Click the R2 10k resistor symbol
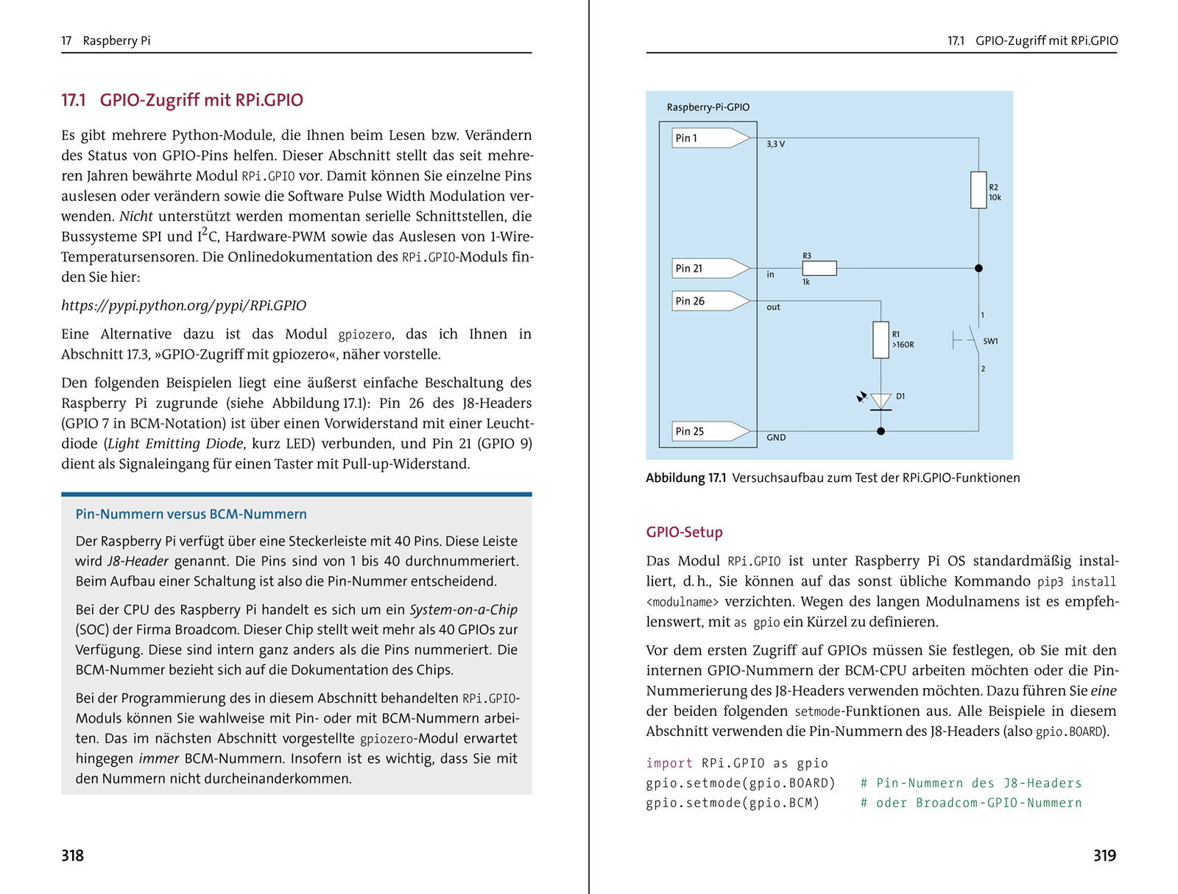pos(978,190)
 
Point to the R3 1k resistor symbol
pos(819,269)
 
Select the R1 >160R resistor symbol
pos(881,340)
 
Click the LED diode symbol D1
pos(881,402)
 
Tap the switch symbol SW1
pos(969,341)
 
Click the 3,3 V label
pos(775,144)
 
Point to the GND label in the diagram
pos(776,438)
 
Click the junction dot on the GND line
pos(881,431)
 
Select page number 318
pos(72,855)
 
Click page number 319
pos(1104,855)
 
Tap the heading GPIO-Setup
pos(684,532)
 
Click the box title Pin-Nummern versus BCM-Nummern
pos(191,514)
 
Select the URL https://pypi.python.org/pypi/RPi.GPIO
pos(183,305)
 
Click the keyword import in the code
pos(669,763)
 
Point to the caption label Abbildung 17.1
pos(685,478)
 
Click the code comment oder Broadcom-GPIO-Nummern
pos(978,803)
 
